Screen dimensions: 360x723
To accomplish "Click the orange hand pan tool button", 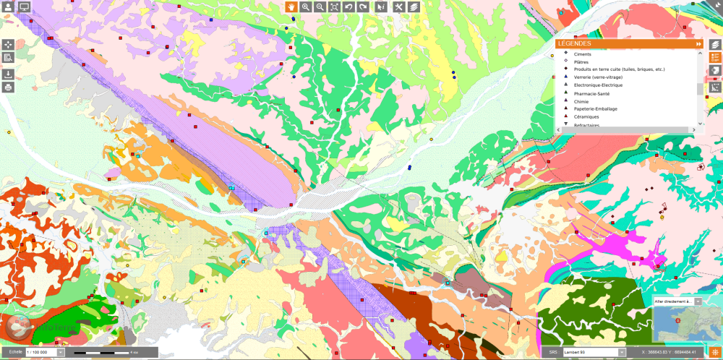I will click(x=291, y=7).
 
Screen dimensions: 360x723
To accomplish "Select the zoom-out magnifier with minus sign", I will click(x=320, y=7).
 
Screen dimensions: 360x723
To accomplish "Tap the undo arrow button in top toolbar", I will click(x=348, y=7).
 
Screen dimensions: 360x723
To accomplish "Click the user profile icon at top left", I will click(x=9, y=7).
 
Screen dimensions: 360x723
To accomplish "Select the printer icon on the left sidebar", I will click(x=9, y=87).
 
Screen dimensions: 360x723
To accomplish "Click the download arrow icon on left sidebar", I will click(x=9, y=74).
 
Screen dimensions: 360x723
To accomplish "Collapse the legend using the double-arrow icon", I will click(x=698, y=44).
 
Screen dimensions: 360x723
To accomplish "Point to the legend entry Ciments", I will click(x=583, y=54).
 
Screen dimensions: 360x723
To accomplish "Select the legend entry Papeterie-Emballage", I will click(x=595, y=109).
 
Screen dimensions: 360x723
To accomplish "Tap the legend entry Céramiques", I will click(x=586, y=117).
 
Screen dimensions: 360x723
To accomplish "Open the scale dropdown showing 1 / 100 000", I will click(x=60, y=352).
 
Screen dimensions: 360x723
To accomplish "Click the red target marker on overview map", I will click(x=678, y=320).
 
